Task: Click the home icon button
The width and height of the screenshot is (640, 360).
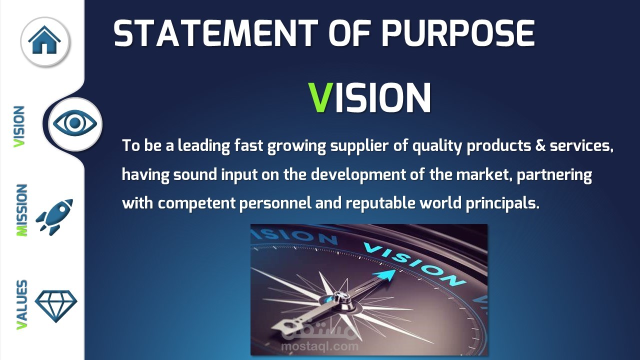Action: (45, 41)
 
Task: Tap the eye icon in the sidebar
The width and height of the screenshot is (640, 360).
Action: (75, 123)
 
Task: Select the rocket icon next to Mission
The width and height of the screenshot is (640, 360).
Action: (54, 217)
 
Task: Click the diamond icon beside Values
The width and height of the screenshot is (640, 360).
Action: (56, 306)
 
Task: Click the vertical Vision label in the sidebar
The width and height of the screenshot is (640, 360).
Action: (19, 127)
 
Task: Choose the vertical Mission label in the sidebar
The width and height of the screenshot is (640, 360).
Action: (21, 210)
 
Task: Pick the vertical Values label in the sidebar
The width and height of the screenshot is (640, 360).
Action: (21, 304)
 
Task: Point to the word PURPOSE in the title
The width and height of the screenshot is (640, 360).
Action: (457, 33)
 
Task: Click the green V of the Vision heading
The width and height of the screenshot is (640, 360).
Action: (321, 97)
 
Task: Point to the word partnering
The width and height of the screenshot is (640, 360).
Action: (554, 175)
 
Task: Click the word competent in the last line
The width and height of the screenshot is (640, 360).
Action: (196, 203)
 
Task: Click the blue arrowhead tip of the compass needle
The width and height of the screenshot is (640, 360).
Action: (395, 269)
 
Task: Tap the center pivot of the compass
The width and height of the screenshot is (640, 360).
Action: (340, 298)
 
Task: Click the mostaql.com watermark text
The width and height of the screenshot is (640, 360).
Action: (319, 346)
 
